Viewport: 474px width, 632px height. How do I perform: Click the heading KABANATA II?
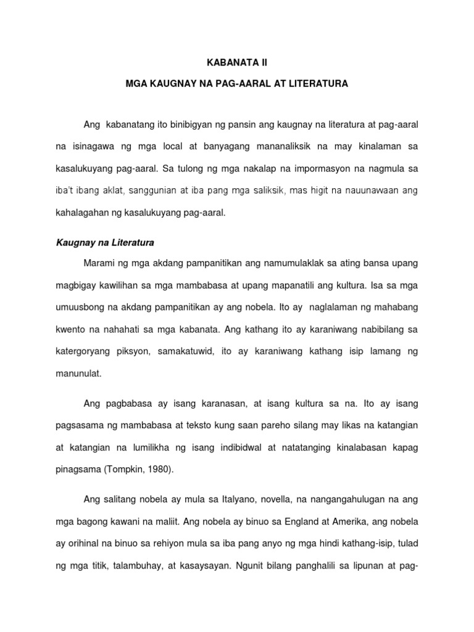pyautogui.click(x=237, y=62)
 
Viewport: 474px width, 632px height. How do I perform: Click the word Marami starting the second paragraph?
pyautogui.click(x=99, y=264)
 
